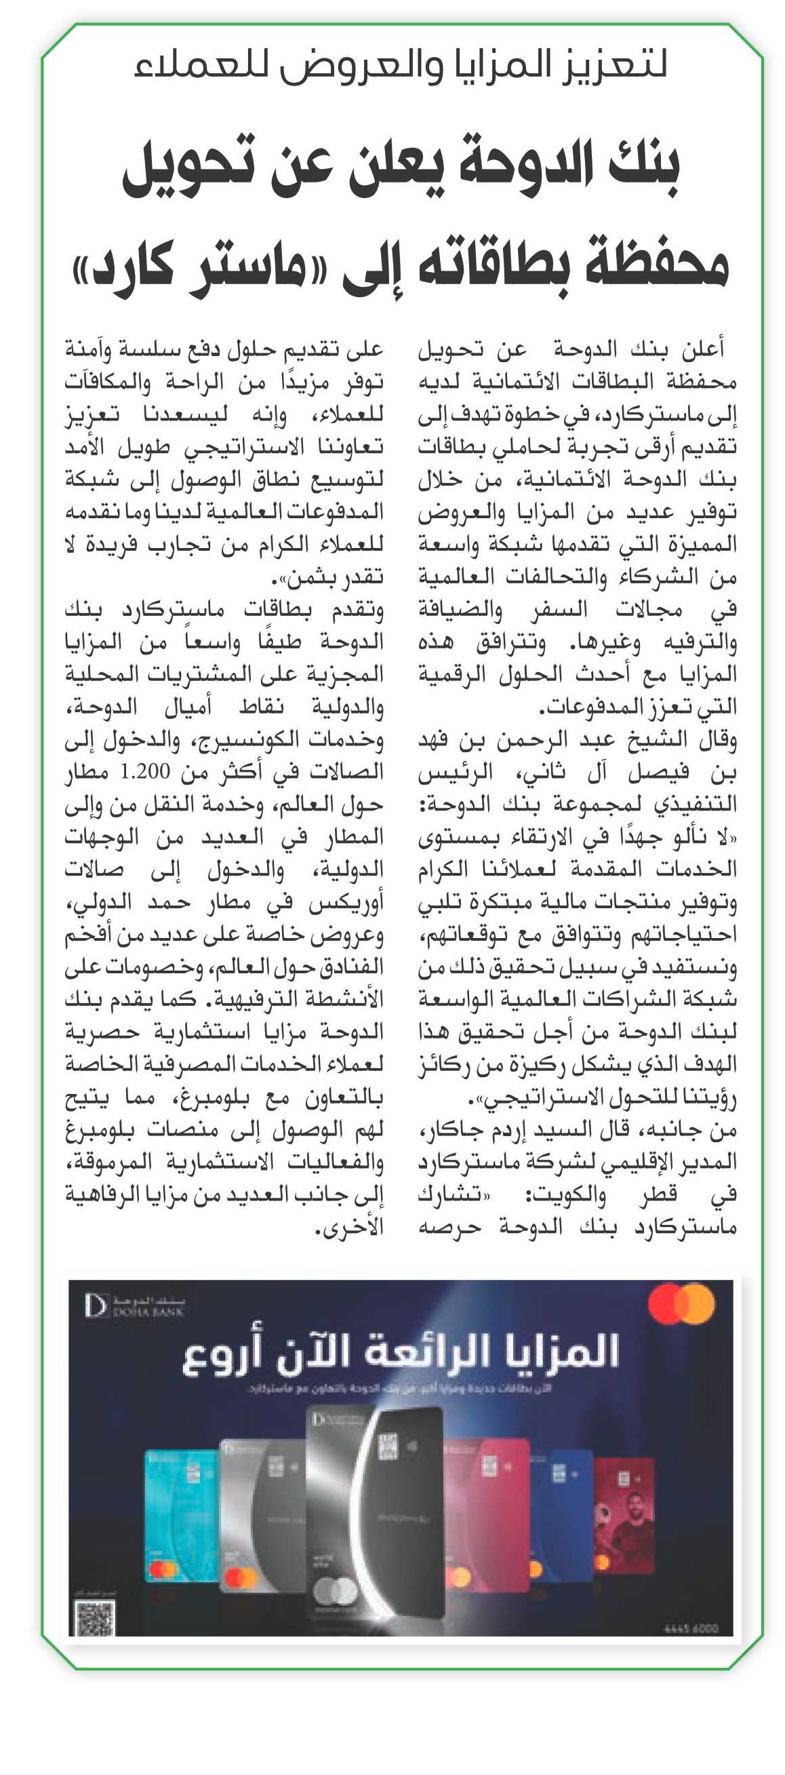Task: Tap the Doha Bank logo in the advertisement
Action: point(134,1306)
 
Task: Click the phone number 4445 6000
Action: point(690,1628)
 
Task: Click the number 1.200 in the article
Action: point(144,772)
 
